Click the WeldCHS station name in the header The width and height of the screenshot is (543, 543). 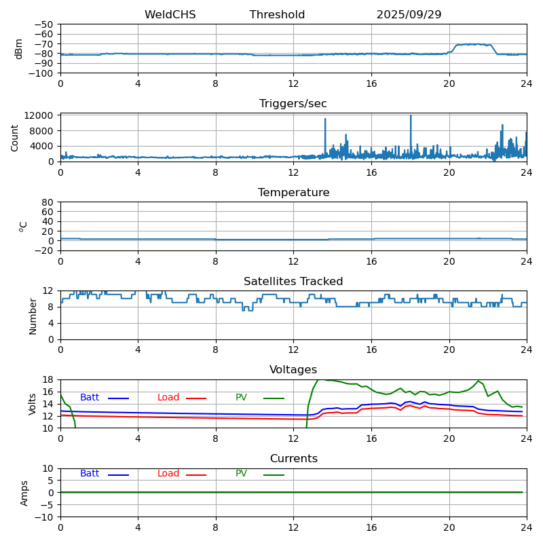click(170, 15)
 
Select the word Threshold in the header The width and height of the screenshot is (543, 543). click(277, 15)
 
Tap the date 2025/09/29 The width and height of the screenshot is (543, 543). click(409, 15)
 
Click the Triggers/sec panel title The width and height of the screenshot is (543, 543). click(293, 104)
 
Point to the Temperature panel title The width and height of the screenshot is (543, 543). click(293, 193)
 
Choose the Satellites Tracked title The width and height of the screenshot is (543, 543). click(293, 282)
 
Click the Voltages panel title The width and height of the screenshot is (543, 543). click(293, 370)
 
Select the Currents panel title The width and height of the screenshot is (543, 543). click(293, 459)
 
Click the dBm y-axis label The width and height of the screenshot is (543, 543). click(19, 49)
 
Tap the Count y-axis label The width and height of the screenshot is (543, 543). click(15, 137)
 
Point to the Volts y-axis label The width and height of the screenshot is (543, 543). click(33, 404)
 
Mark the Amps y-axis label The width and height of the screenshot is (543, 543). click(24, 493)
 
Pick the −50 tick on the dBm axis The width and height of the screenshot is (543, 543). click(45, 24)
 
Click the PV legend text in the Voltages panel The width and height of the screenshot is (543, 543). click(241, 398)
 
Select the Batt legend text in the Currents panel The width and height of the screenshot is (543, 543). click(90, 474)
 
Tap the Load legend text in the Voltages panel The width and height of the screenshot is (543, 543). click(168, 398)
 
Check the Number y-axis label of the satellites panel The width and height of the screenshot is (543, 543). click(33, 316)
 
